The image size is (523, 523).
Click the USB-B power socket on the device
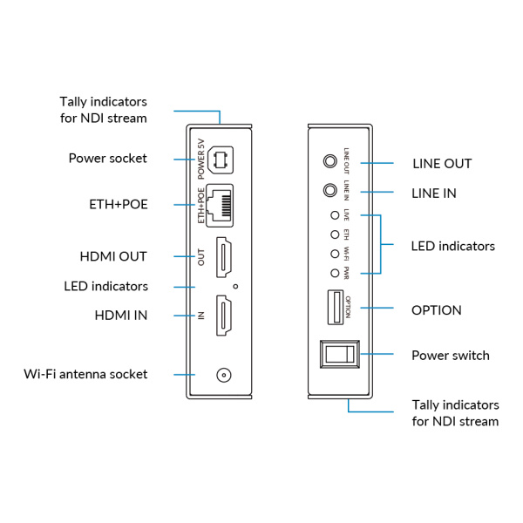pos(221,160)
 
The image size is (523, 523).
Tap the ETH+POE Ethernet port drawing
pos(220,206)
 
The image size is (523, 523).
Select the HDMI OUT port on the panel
pos(223,257)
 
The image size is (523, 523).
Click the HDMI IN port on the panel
pos(223,316)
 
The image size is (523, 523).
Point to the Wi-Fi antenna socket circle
pos(224,375)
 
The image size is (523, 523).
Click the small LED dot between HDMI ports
pos(235,287)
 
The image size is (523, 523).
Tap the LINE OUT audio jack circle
pos(330,161)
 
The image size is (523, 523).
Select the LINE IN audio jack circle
pos(330,190)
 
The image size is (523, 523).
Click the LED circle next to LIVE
pos(335,215)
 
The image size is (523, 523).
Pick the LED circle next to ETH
pos(335,234)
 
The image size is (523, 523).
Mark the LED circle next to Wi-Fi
pos(335,255)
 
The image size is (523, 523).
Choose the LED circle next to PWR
pos(335,274)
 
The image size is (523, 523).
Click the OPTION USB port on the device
pos(336,307)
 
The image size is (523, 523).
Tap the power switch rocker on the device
pos(340,354)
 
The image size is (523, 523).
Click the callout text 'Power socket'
pos(108,159)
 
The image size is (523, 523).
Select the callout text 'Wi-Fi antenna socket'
pos(85,374)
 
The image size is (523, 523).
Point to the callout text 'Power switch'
pos(451,356)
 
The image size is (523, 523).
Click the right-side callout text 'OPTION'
pos(437,310)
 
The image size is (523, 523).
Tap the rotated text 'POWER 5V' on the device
pos(201,160)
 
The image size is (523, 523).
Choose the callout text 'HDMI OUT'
pos(113,256)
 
